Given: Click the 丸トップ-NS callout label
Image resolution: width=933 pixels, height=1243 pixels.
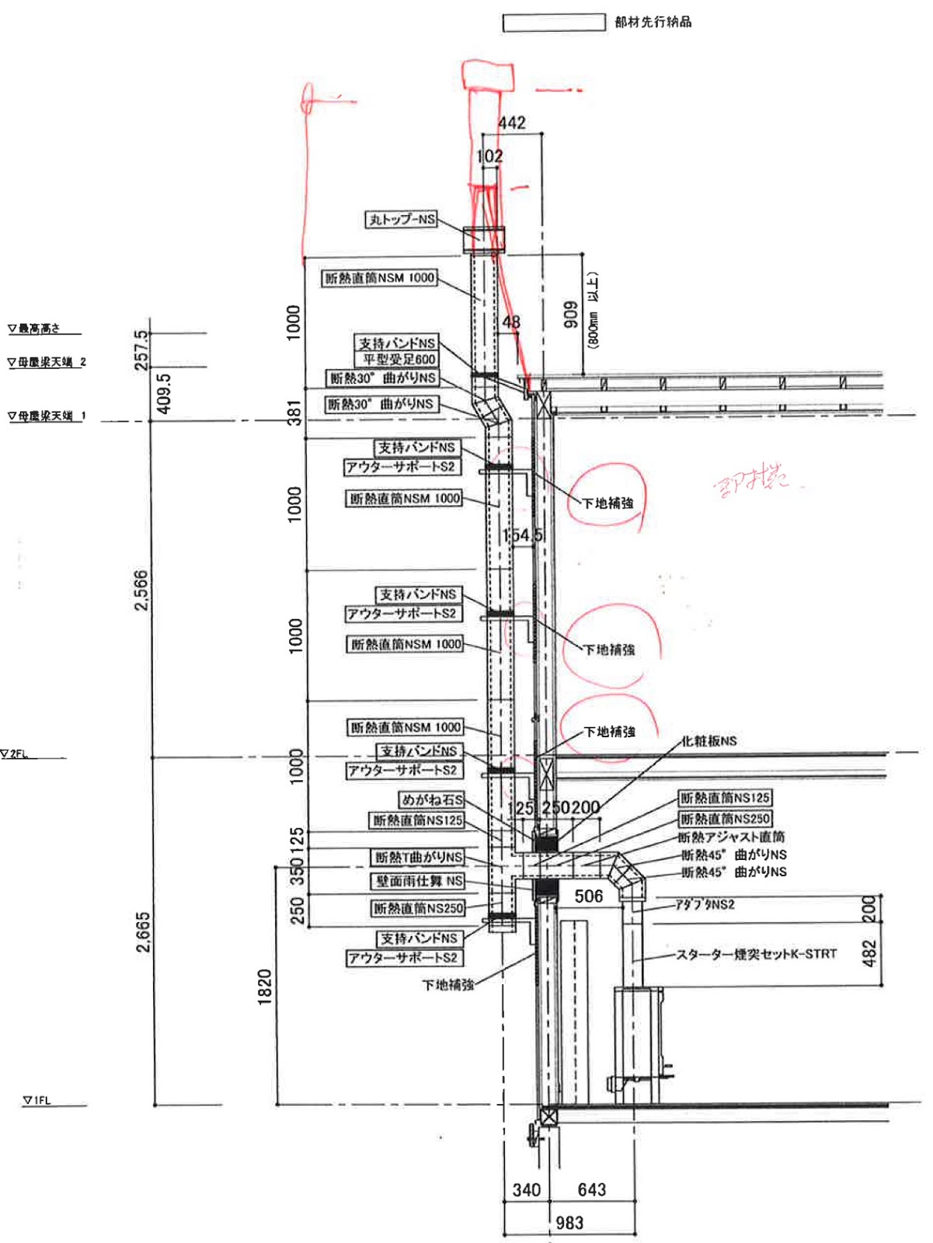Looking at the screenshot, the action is [x=402, y=219].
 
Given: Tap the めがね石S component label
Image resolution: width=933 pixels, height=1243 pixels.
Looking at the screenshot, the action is [x=432, y=799].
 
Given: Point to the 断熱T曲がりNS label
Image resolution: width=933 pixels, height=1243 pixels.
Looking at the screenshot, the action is [x=419, y=857].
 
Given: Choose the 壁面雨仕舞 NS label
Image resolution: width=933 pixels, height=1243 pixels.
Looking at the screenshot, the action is [x=419, y=881].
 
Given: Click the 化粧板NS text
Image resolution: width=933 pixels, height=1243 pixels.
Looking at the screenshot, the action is [x=708, y=741].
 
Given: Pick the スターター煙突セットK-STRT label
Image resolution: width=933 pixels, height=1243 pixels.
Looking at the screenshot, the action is [x=756, y=954].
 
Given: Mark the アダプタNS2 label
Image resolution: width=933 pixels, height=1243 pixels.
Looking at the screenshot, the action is [x=705, y=904].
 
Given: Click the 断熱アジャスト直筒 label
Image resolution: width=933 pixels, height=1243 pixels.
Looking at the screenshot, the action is [x=731, y=837].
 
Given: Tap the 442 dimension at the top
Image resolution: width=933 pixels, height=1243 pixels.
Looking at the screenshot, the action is [x=512, y=123].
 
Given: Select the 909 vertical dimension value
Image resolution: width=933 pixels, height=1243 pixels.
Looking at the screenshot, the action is [x=571, y=314].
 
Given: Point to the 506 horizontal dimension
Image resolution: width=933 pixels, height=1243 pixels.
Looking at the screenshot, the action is [x=589, y=897].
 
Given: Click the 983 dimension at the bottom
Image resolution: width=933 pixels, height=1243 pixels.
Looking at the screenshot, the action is [x=569, y=1223].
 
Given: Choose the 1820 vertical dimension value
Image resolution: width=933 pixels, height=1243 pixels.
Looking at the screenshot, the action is [x=265, y=987].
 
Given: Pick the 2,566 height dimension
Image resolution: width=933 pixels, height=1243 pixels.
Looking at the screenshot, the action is [x=141, y=590].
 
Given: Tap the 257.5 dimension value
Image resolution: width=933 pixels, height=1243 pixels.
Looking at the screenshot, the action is [x=141, y=350].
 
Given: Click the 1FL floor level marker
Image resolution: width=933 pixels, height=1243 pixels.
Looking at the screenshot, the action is [x=37, y=1100].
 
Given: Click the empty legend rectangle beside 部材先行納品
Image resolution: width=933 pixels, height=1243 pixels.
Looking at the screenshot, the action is [x=553, y=23].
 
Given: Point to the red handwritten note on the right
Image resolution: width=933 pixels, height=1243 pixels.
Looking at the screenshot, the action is [x=750, y=479].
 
